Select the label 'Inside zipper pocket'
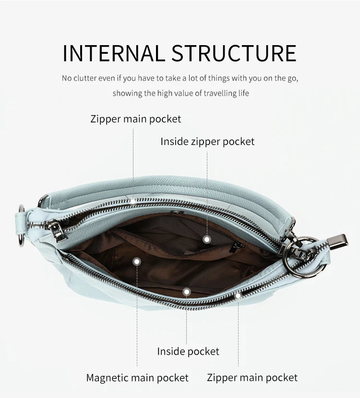[207, 142]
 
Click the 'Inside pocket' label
[188, 351]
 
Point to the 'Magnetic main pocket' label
[137, 378]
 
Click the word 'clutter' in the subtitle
[85, 78]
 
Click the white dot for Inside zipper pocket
[207, 240]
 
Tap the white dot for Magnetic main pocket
[137, 262]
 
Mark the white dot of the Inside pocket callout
[186, 292]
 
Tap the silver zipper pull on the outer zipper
[57, 230]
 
